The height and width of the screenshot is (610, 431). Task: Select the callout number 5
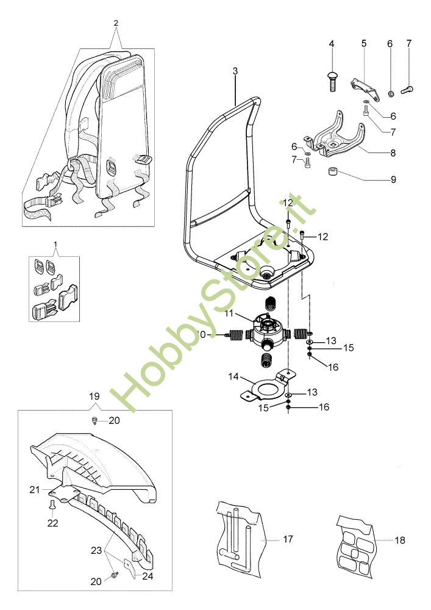(364, 43)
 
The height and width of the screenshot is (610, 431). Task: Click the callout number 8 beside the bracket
(393, 153)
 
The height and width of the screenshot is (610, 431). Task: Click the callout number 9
(393, 179)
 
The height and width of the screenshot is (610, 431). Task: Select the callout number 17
(288, 539)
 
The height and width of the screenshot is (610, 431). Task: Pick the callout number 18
(399, 540)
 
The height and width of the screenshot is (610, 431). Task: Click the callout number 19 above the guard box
(94, 396)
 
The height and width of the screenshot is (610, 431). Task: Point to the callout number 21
(34, 489)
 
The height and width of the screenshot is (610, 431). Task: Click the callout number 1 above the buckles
(56, 245)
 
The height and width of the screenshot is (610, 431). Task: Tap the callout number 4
(332, 43)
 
